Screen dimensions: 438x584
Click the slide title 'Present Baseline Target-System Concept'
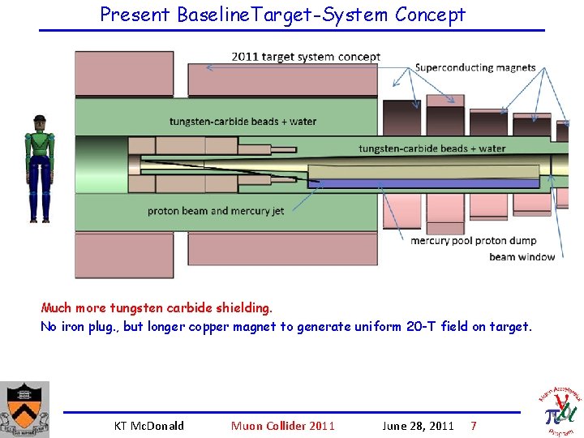(x=282, y=15)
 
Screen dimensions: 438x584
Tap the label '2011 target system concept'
(x=306, y=57)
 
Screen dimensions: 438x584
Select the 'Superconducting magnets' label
(x=474, y=68)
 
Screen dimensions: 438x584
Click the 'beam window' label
(x=522, y=257)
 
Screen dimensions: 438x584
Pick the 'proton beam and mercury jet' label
(x=216, y=211)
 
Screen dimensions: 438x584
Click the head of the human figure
(x=39, y=123)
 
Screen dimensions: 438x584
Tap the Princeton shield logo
(x=24, y=409)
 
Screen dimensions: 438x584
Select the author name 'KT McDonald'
(x=149, y=426)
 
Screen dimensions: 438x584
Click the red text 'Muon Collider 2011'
(x=282, y=426)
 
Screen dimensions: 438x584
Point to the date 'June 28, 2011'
(x=418, y=426)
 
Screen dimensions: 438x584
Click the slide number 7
(x=474, y=426)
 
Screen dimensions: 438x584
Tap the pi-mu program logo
(x=560, y=410)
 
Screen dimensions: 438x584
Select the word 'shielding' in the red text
(x=243, y=308)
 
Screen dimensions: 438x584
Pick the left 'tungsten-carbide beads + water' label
(x=243, y=122)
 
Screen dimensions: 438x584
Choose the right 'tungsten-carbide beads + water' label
(x=432, y=148)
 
